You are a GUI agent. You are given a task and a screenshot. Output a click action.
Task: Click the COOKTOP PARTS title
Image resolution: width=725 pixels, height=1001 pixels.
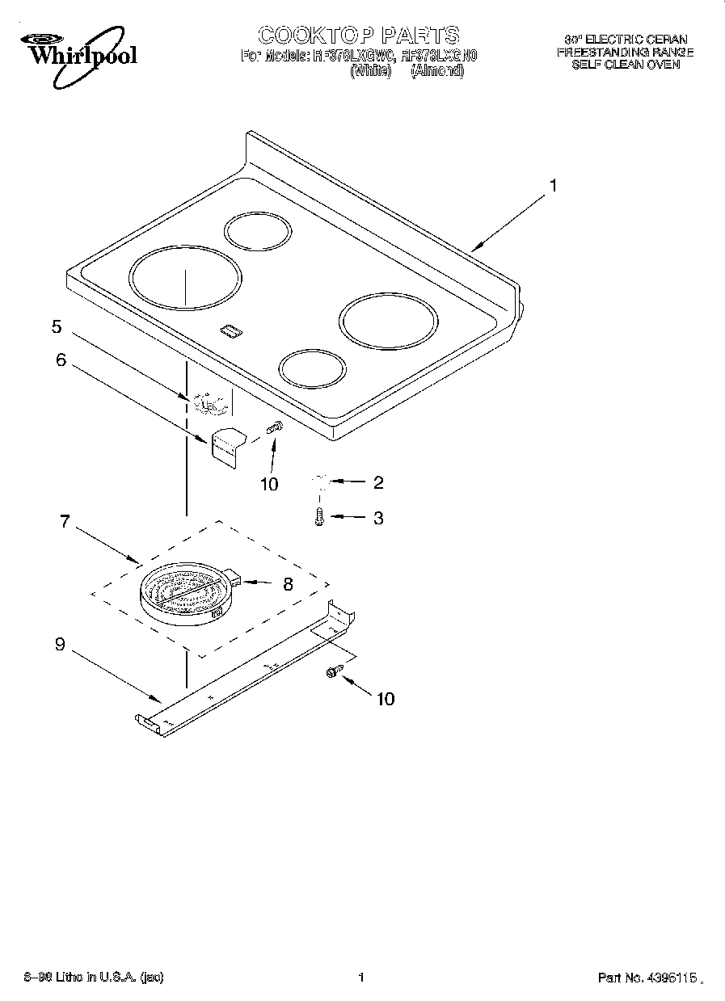point(358,35)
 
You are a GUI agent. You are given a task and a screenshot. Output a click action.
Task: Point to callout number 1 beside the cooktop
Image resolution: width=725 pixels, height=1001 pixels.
point(553,186)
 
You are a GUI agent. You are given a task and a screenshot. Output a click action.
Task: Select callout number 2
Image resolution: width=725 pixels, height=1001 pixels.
point(377,483)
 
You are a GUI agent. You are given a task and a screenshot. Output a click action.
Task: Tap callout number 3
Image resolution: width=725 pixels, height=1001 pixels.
point(377,518)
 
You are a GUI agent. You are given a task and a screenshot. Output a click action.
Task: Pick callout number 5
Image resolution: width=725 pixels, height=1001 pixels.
point(57,326)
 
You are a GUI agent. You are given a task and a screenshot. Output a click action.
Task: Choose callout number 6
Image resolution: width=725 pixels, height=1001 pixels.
point(61,360)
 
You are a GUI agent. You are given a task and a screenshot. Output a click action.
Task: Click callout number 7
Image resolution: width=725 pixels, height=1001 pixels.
point(65,521)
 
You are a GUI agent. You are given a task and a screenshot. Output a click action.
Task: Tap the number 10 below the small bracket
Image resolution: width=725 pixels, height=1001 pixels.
point(269,484)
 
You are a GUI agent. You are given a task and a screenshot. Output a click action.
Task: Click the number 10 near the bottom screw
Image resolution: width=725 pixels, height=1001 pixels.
point(386,699)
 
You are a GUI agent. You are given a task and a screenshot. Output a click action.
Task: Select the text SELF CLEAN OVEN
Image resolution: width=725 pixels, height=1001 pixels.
point(625,65)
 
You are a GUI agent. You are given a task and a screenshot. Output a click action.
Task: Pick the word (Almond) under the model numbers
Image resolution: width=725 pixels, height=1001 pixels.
point(437,71)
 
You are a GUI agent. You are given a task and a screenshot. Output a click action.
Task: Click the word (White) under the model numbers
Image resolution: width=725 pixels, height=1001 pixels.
point(370,71)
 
